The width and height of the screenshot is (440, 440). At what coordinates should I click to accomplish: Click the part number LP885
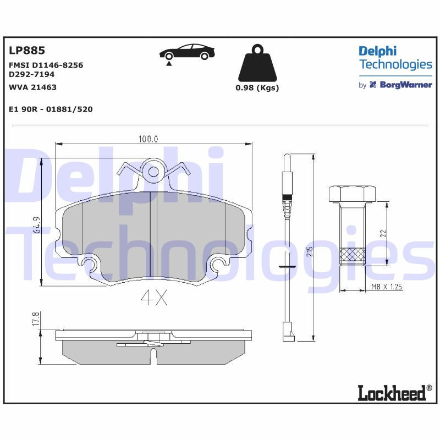coord(26,51)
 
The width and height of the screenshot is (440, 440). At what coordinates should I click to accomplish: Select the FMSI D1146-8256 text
coord(46,65)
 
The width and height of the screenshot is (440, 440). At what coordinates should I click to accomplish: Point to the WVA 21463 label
coord(33,87)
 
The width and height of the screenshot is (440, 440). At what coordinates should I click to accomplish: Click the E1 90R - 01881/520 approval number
coord(51,109)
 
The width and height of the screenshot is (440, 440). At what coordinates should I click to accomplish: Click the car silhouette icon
coord(187,53)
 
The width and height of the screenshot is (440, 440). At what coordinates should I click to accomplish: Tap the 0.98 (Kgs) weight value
coord(257,88)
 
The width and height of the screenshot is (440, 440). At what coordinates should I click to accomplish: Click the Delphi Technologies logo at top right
coord(395,58)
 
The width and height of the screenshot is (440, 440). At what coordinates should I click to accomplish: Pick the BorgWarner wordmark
coord(405,85)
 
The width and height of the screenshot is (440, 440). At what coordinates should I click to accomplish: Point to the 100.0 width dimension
coord(148,139)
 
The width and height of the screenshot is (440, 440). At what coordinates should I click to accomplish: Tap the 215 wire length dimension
coord(310,252)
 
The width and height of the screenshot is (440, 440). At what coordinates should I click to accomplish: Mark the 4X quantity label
coord(154,298)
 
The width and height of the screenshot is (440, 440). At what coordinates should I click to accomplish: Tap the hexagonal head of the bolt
coord(351,194)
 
